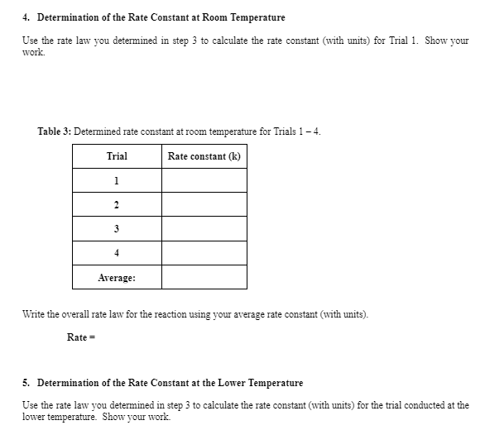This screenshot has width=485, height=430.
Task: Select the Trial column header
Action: (117, 156)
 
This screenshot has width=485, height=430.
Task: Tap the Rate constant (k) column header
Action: (204, 156)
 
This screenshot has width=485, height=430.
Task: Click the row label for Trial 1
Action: (117, 181)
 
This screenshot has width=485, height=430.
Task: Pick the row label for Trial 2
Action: (117, 205)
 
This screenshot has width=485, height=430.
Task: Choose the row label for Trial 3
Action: (117, 229)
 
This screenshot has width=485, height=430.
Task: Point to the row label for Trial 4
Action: (117, 253)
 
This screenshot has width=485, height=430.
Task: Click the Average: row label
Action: (117, 278)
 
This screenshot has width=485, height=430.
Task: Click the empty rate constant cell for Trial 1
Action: (204, 181)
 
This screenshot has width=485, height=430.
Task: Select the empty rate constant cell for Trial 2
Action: (204, 205)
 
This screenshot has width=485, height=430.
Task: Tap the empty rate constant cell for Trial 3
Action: (204, 229)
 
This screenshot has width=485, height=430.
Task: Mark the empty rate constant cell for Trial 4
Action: (204, 253)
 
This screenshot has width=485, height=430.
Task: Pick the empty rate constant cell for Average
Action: (204, 278)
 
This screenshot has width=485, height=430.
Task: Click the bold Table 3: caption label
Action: (55, 131)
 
